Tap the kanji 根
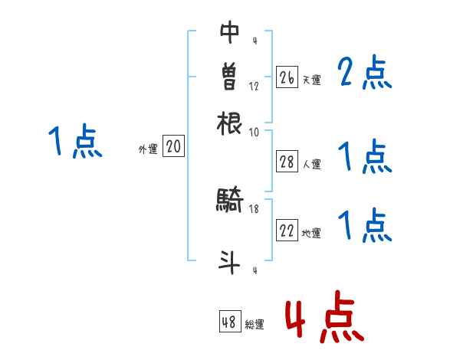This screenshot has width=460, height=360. [x=230, y=123]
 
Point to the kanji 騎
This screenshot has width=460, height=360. [x=230, y=201]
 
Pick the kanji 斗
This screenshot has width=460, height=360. [x=230, y=263]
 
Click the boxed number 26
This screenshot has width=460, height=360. [x=287, y=77]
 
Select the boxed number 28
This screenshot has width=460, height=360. [x=287, y=162]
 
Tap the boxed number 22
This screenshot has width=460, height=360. [x=287, y=231]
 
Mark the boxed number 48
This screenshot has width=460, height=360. [x=229, y=322]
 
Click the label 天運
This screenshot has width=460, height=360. [x=311, y=80]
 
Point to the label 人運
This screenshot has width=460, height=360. [x=311, y=164]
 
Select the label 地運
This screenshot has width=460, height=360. [x=311, y=234]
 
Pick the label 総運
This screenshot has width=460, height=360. [x=254, y=325]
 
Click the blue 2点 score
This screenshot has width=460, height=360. [x=364, y=74]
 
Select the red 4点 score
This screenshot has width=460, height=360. [x=324, y=316]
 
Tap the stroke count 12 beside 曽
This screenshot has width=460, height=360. [x=254, y=86]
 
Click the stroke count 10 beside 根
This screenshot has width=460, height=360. [x=254, y=132]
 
